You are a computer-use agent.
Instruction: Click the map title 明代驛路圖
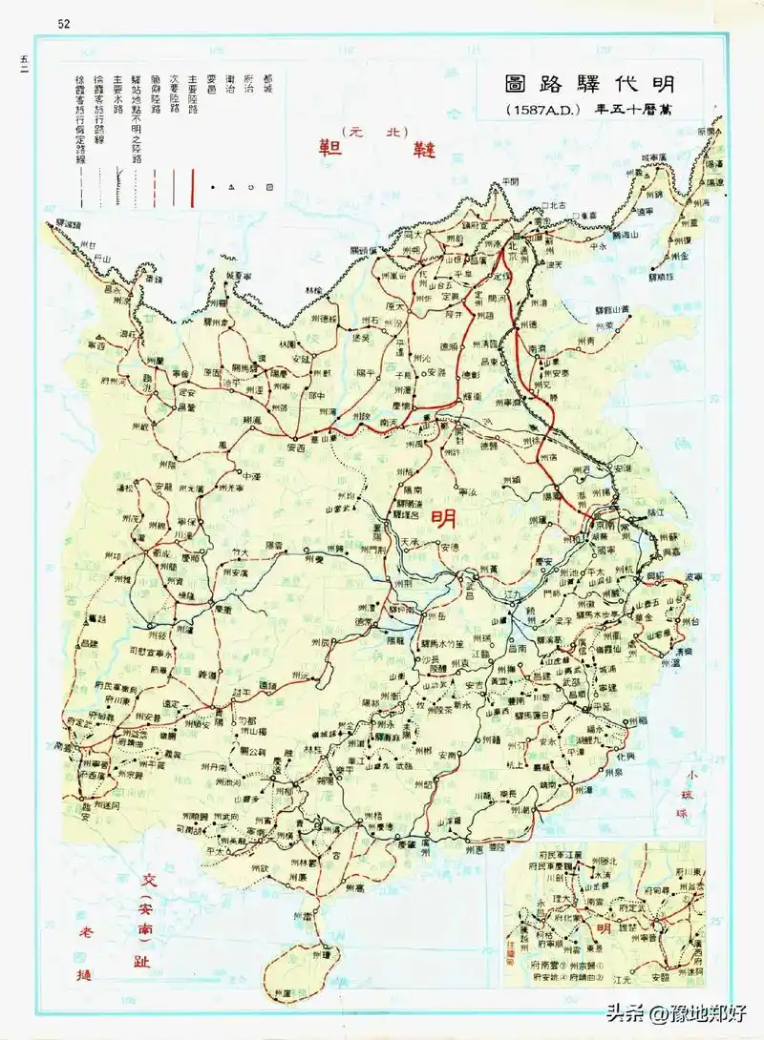(589, 84)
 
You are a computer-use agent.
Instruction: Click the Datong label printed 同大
(413, 233)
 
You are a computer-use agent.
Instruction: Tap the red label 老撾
(83, 951)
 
